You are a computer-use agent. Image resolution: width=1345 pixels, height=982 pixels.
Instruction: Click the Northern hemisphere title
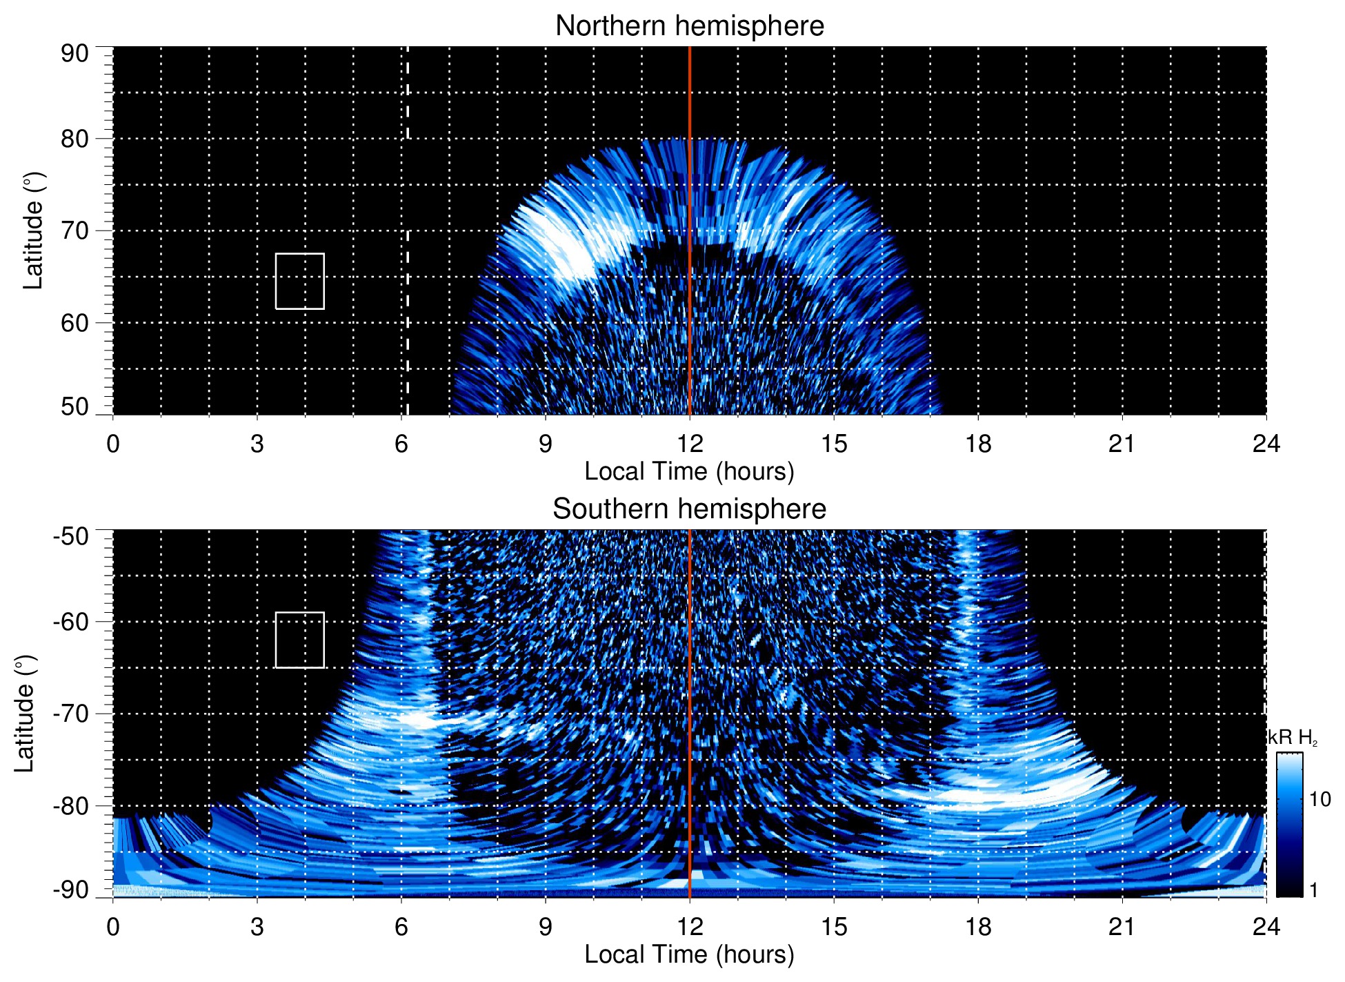(x=689, y=26)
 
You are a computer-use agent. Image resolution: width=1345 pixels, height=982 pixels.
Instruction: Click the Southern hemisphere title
(x=689, y=509)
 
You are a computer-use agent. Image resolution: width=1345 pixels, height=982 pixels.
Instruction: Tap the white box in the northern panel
(x=300, y=281)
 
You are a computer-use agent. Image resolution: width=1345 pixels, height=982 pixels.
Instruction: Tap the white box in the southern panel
(x=300, y=640)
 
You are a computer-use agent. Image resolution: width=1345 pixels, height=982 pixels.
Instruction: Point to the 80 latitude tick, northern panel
(x=74, y=139)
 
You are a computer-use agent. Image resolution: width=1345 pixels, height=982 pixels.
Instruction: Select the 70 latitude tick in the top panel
(x=74, y=230)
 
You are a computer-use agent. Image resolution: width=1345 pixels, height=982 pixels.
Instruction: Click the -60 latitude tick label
(x=71, y=621)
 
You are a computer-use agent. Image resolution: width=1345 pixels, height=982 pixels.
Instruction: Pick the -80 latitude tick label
(x=71, y=805)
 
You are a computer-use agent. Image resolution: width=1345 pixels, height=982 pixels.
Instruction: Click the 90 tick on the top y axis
(x=74, y=54)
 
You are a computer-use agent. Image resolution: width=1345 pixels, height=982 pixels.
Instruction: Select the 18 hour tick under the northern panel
(x=978, y=444)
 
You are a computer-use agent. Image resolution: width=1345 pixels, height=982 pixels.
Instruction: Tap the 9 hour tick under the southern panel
(x=546, y=927)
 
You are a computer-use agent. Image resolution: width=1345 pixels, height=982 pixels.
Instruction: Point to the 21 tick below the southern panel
(x=1122, y=927)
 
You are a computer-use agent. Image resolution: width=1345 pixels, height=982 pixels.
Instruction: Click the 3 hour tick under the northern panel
(x=257, y=444)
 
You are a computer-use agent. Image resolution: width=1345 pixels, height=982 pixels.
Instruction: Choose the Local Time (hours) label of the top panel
(x=689, y=471)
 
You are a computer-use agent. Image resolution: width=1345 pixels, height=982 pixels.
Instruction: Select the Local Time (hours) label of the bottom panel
(x=689, y=954)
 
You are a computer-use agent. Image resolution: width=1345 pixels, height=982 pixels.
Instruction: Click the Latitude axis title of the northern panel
(x=33, y=230)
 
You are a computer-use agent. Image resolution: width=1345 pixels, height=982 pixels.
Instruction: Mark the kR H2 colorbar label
(x=1293, y=738)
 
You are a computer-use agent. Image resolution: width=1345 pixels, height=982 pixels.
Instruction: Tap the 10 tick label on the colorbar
(x=1319, y=800)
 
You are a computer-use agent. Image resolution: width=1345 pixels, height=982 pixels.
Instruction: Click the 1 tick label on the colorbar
(x=1313, y=890)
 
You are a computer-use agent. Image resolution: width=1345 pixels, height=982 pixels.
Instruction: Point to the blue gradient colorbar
(x=1289, y=825)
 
